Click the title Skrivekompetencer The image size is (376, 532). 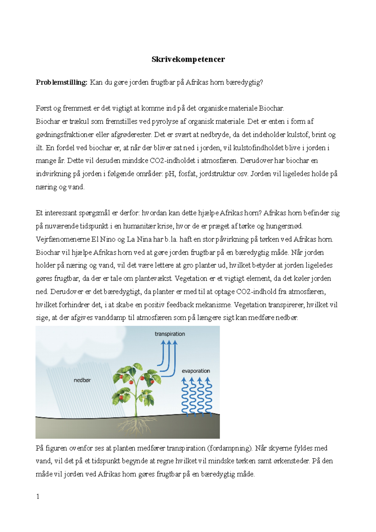pos(188,59)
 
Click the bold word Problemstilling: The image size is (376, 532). pos(61,82)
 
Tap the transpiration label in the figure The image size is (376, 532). pos(170,334)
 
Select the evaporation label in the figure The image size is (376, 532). pos(196,371)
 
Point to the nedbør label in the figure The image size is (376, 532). pos(82,380)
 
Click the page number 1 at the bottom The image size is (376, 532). pos(38,497)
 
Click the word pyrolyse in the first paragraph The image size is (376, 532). pos(164,122)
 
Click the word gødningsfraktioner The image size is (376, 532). pos(65,135)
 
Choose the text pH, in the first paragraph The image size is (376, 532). pos(170,174)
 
